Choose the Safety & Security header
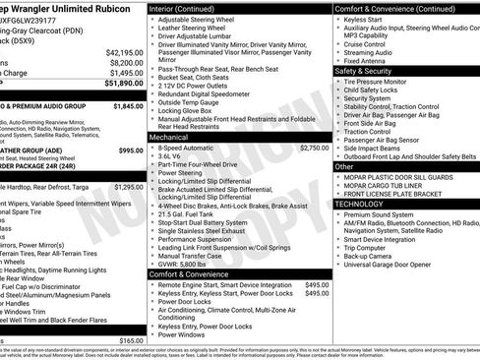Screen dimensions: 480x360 [x=363, y=71]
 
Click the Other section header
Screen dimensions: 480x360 [x=344, y=166]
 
